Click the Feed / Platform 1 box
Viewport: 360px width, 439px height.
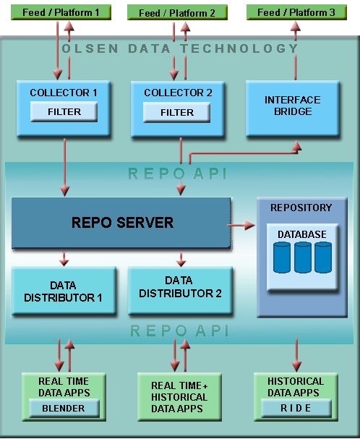61,12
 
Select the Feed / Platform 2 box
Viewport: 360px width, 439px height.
177,12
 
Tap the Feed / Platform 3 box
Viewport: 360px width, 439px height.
296,12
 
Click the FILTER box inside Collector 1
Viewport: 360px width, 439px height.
64,111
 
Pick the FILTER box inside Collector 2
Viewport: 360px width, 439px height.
176,112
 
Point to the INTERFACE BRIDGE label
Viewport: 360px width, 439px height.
293,106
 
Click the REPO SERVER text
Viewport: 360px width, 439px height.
122,223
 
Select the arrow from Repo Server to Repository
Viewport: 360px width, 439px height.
241,225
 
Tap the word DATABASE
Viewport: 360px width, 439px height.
302,234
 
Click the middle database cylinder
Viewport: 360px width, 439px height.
303,257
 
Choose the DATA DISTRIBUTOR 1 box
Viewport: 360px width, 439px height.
64,291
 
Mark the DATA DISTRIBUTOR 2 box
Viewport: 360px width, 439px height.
180,291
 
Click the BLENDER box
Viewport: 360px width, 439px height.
64,408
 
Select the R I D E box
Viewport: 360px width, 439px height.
296,408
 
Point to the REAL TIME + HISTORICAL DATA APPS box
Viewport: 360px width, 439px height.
179,397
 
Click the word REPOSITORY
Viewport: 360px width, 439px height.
301,208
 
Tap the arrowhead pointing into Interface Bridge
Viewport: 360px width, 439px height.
297,146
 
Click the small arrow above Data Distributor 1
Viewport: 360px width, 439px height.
64,258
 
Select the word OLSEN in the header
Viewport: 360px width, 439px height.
90,48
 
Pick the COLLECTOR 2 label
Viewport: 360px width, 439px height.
178,93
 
